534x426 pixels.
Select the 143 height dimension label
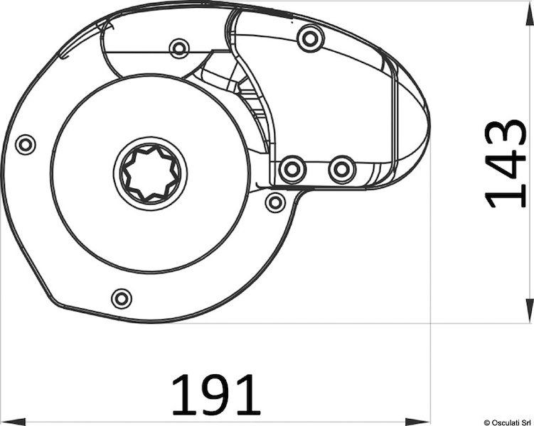pos(506,163)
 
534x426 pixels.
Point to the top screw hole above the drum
pos(178,48)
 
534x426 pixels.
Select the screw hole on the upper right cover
pos(308,38)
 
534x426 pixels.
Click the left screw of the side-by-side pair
pos(291,169)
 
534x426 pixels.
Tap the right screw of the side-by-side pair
pos(342,169)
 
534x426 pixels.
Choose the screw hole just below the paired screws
pos(274,202)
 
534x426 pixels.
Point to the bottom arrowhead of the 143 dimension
pos(528,312)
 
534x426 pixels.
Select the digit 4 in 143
pos(506,163)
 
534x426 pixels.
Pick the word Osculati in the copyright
pos(507,421)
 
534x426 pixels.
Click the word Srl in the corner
pos(526,421)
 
